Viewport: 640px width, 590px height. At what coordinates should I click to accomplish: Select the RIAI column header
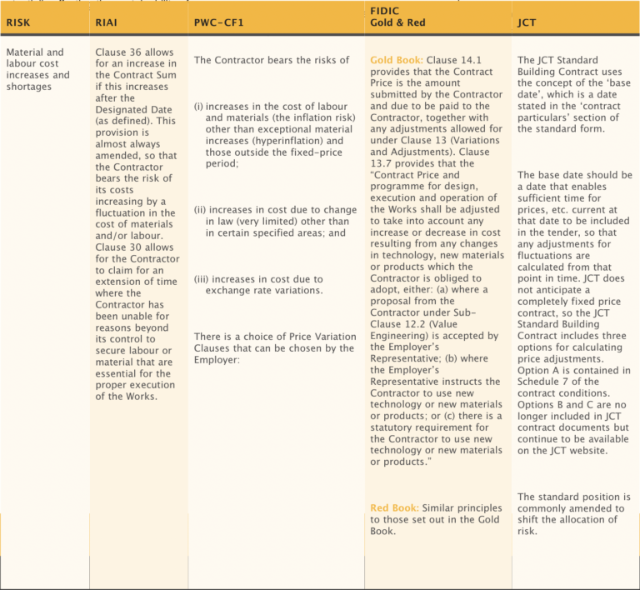[107, 22]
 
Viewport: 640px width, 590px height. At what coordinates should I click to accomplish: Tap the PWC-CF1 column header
[218, 22]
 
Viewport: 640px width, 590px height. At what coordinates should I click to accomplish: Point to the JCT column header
[527, 22]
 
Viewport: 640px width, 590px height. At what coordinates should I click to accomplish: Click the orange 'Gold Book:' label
[397, 61]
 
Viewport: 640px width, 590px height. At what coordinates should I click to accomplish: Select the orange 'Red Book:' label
[394, 507]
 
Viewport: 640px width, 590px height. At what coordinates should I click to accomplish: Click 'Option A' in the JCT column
[539, 370]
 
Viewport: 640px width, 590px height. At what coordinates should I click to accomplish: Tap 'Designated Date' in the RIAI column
[133, 110]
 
